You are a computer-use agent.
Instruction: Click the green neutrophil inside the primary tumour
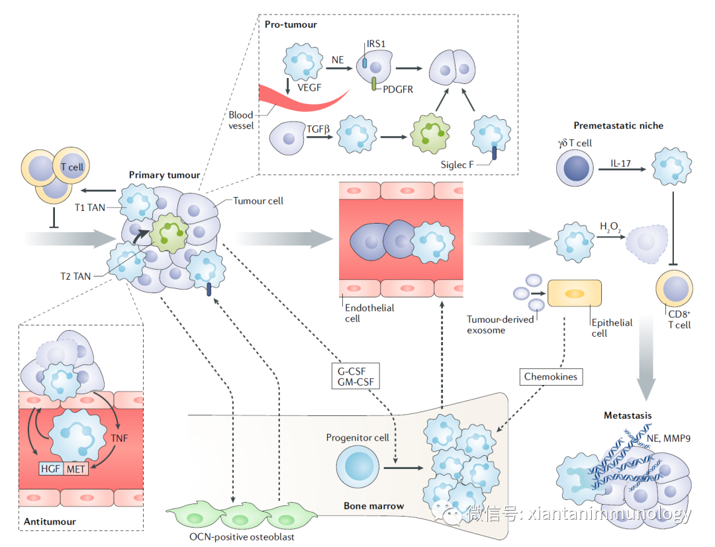click(x=170, y=233)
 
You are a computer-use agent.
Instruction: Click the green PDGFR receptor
click(x=374, y=83)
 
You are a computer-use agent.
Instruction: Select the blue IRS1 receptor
click(x=364, y=61)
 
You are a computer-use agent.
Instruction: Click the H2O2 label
click(x=609, y=228)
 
